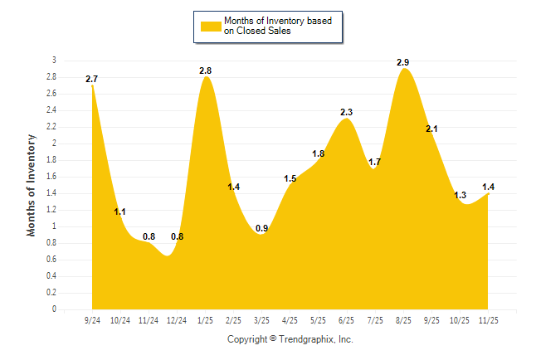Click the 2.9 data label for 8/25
pos(404,62)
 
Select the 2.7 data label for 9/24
pos(91,79)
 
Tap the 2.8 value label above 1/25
pos(206,71)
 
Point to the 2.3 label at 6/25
pos(347,112)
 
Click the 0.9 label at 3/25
pos(262,228)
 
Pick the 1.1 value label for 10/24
pos(119,212)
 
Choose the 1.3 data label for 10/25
pos(460,195)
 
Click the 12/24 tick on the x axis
pos(177,319)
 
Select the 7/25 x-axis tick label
pos(375,319)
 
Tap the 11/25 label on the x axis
pos(489,319)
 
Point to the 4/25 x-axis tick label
pos(290,319)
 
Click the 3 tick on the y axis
pos(54,61)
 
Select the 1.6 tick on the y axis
pos(51,177)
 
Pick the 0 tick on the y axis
pos(54,309)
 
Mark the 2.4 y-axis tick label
pos(51,110)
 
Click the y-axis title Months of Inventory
pos(32,185)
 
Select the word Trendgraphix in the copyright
pos(308,339)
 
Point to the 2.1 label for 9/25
pos(432,129)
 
